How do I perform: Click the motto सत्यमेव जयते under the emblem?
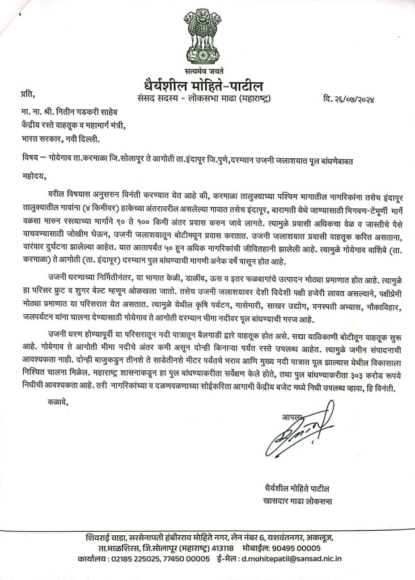click(x=207, y=71)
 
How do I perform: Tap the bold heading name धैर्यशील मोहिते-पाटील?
click(x=207, y=85)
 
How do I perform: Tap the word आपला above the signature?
click(x=291, y=417)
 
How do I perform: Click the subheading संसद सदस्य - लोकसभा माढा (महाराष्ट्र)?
click(x=207, y=100)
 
